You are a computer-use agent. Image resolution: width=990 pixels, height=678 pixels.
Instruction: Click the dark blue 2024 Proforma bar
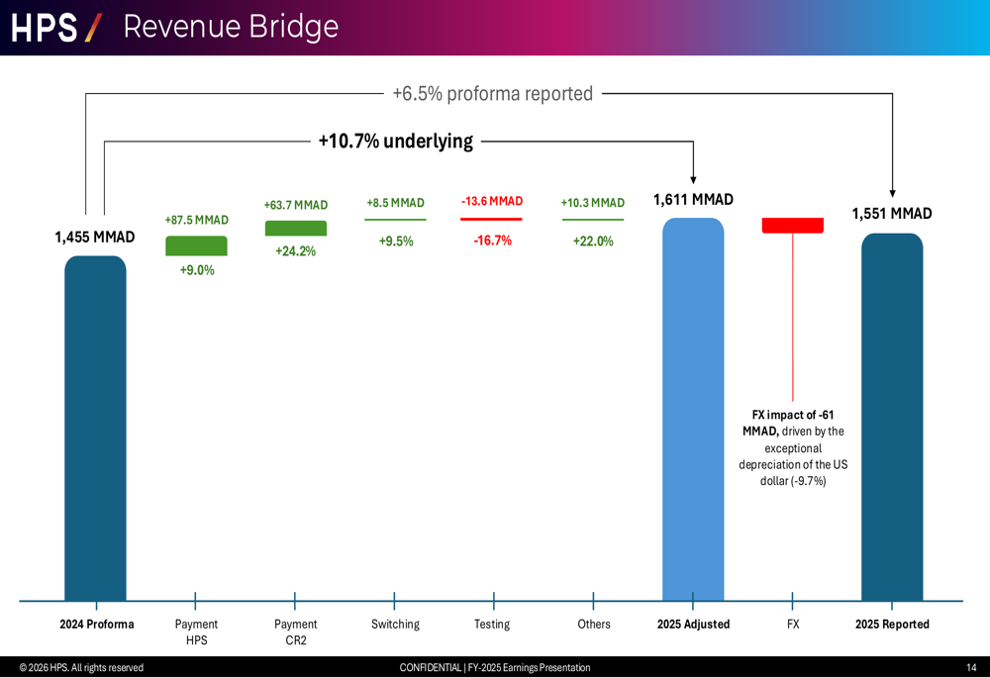coord(95,428)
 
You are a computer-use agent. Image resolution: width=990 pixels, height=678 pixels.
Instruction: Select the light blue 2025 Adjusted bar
coord(693,408)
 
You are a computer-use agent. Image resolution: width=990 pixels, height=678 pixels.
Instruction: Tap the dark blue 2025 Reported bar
coord(892,416)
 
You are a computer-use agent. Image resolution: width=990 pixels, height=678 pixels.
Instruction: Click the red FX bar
coord(792,226)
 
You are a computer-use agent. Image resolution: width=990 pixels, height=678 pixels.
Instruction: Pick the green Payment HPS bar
coord(196,245)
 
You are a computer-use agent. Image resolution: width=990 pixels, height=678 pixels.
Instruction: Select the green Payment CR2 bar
coord(295,228)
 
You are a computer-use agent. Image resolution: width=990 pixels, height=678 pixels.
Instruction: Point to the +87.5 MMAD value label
coord(196,220)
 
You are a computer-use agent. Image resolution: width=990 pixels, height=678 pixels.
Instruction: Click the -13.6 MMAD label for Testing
coord(492,202)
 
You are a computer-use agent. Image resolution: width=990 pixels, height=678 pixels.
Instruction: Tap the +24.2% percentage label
coord(295,251)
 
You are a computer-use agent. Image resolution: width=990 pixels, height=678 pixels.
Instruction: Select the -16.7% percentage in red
coord(492,241)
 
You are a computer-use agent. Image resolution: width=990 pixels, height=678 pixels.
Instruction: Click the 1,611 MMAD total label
coord(693,200)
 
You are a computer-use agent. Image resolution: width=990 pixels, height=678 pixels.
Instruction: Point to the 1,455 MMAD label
coord(95,238)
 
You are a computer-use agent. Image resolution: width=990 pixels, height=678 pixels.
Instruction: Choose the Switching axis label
coord(395,625)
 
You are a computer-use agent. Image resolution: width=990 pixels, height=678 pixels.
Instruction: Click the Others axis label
coord(594,625)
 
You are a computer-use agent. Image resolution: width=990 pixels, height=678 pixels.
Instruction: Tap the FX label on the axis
coord(793,625)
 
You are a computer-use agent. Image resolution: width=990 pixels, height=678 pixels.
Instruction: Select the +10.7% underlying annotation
coord(395,142)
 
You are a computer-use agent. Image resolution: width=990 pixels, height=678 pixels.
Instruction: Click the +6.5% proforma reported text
coord(492,94)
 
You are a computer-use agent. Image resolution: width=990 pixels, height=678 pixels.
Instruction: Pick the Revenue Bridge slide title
coord(231,27)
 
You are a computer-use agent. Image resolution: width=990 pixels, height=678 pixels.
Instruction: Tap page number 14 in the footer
coord(971,668)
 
